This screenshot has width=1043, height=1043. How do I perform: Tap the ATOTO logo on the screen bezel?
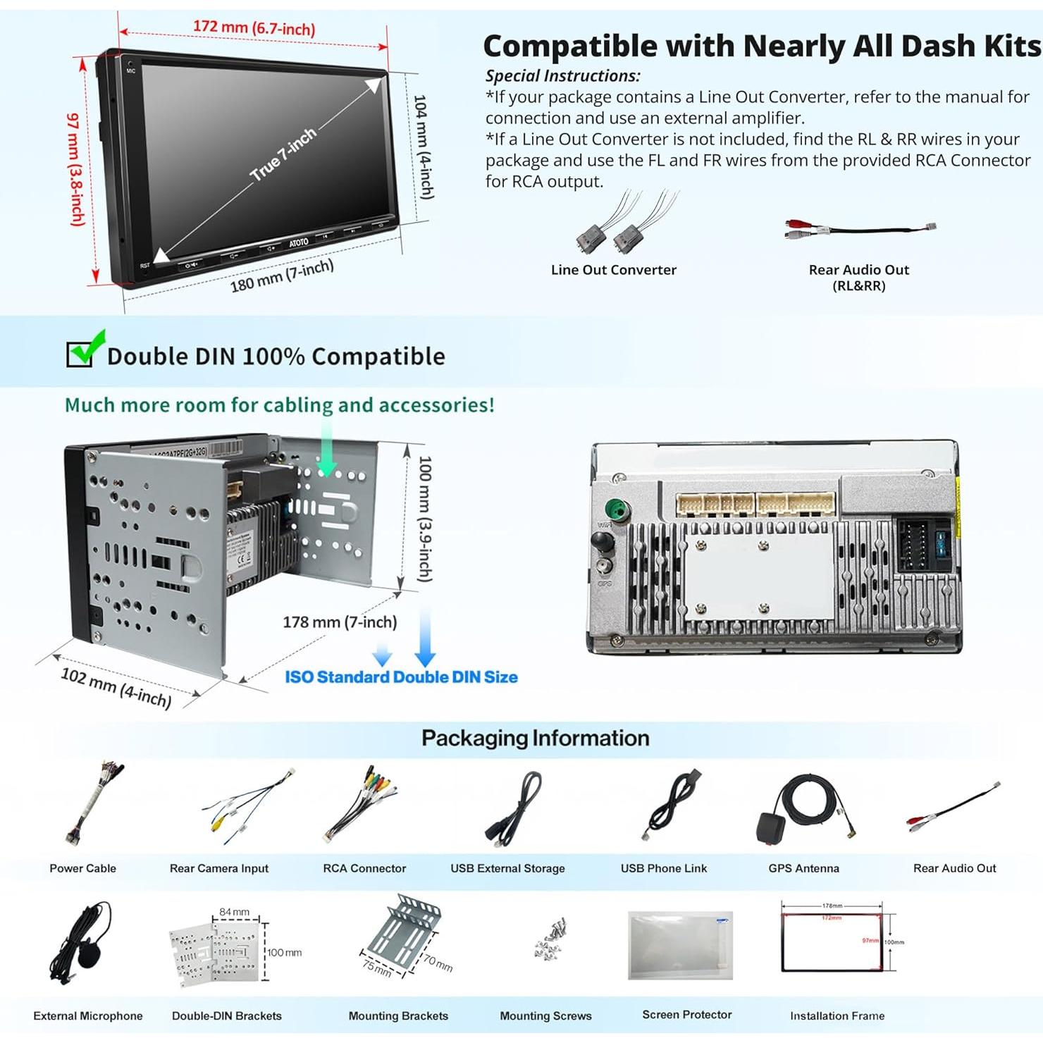(x=299, y=242)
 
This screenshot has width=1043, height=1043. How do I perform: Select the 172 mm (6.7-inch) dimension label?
(x=254, y=27)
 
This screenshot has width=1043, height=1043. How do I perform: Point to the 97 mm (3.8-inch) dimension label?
(x=75, y=169)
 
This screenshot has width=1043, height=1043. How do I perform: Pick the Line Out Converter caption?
(x=613, y=270)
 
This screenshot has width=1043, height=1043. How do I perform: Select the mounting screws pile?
(x=550, y=939)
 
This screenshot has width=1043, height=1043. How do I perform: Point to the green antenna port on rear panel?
(x=615, y=508)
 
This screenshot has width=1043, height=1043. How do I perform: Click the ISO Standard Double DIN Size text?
(x=401, y=677)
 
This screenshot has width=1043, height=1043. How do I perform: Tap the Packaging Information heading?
(x=535, y=738)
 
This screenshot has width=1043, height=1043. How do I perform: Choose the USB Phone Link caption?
(x=663, y=868)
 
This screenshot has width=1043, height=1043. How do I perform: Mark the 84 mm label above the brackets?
(x=234, y=912)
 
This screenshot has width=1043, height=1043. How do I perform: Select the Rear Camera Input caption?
(x=218, y=868)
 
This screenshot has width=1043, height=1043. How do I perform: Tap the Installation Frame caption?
(x=837, y=1016)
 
